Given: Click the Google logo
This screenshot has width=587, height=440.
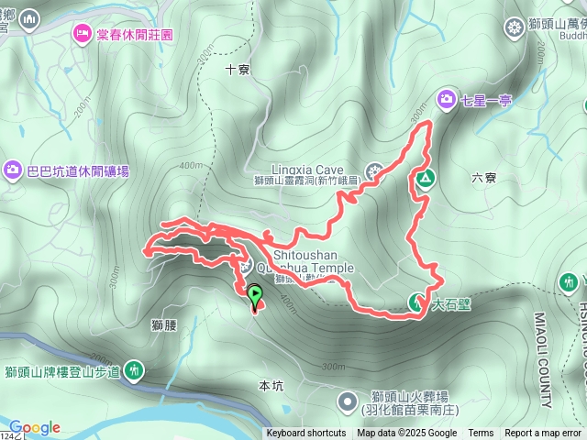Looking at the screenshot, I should click(35, 427).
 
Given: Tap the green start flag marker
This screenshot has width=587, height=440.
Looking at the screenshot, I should click(254, 296).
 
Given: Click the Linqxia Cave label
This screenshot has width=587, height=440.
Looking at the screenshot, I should click(307, 170).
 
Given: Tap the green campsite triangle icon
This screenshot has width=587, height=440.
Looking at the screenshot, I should click(425, 179).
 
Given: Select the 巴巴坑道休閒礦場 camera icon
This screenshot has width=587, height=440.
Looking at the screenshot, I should click(13, 170).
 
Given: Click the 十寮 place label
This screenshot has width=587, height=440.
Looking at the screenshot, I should click(237, 69).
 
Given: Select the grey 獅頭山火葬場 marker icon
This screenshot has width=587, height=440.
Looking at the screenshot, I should click(348, 401).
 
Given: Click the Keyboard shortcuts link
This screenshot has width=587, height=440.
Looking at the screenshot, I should click(306, 434).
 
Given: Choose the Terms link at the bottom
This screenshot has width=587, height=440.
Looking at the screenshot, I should click(481, 434).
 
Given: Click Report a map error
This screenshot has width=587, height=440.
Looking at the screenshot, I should click(543, 434).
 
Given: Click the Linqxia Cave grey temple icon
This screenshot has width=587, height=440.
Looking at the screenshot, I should click(374, 170).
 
